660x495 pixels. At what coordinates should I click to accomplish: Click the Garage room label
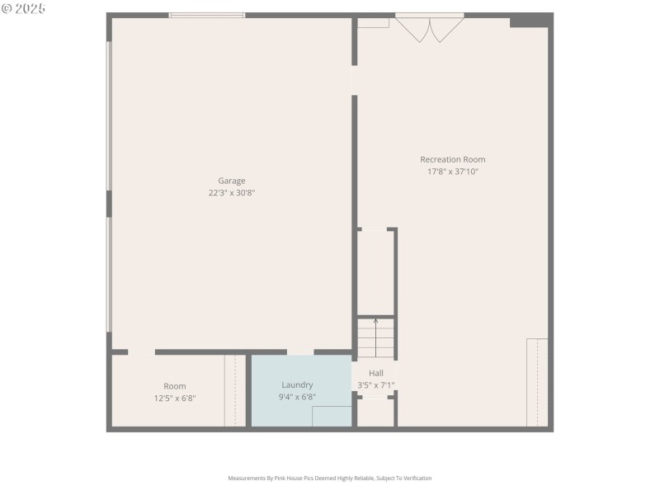click(x=231, y=181)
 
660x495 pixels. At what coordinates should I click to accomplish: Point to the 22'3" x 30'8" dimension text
click(x=231, y=193)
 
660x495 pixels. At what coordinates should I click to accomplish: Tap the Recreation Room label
click(x=452, y=159)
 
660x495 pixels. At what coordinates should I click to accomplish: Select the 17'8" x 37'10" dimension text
click(x=452, y=172)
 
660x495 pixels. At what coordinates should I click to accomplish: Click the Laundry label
click(x=297, y=384)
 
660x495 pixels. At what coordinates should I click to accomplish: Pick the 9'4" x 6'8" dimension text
click(x=297, y=397)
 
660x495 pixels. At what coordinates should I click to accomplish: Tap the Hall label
click(x=375, y=373)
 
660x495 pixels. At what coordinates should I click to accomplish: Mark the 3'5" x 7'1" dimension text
click(x=375, y=385)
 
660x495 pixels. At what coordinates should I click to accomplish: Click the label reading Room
click(x=174, y=386)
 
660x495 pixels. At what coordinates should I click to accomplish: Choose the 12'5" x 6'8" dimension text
click(x=174, y=398)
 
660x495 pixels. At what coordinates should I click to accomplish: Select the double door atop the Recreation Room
click(x=429, y=28)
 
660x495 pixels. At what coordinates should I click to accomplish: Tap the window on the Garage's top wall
click(x=207, y=15)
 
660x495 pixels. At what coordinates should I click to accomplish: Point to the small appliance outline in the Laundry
click(x=332, y=416)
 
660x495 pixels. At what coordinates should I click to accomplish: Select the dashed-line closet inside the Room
click(x=235, y=390)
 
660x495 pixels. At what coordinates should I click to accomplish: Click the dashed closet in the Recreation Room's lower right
click(x=537, y=382)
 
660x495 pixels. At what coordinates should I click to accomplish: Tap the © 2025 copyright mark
click(x=24, y=8)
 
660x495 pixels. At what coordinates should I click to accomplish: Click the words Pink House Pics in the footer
click(x=310, y=478)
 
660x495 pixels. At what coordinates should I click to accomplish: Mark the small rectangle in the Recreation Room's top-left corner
click(x=373, y=22)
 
